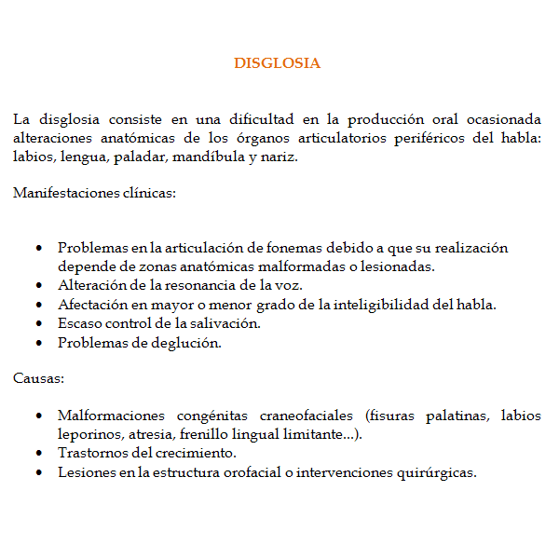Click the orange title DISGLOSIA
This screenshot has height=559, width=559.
click(x=277, y=63)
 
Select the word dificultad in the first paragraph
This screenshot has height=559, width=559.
click(x=256, y=119)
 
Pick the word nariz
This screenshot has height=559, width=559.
click(x=278, y=157)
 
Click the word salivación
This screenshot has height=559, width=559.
click(x=226, y=323)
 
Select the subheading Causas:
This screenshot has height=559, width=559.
click(x=39, y=378)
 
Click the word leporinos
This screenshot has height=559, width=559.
click(x=89, y=434)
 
